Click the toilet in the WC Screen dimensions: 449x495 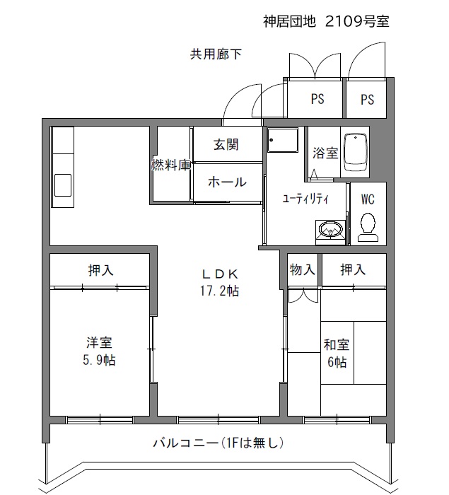click(x=368, y=227)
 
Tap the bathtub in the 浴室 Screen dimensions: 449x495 click(x=355, y=152)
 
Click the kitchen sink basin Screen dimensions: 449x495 click(x=62, y=185)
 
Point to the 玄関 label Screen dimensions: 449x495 click(x=226, y=144)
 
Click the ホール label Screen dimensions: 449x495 click(x=227, y=182)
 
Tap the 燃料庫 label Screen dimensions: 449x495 click(x=171, y=165)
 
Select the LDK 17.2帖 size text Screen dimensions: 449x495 click(x=220, y=291)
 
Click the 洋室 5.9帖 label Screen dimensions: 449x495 click(x=99, y=351)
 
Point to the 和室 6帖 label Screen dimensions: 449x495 click(x=337, y=354)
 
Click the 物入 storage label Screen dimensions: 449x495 click(x=303, y=269)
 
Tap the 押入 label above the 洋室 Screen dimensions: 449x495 click(x=100, y=270)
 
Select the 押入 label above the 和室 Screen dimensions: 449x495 click(x=353, y=269)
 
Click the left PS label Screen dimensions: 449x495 click(x=317, y=99)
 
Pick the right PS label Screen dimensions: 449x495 click(x=367, y=100)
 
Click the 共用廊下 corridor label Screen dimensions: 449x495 click(x=216, y=54)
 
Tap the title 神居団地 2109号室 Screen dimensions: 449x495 click(x=326, y=21)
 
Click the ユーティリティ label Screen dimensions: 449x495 click(x=305, y=199)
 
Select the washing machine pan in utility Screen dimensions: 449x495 click(x=282, y=139)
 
